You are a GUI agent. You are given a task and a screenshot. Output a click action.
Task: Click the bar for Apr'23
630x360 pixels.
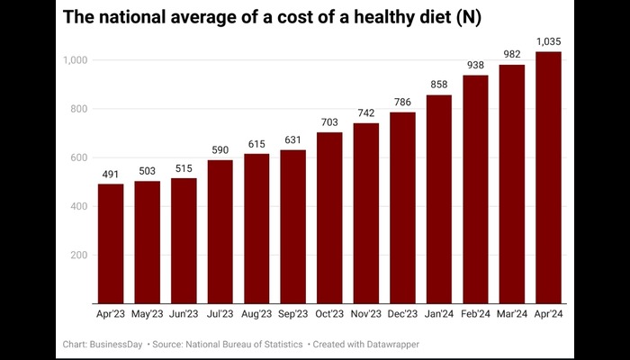[111, 244]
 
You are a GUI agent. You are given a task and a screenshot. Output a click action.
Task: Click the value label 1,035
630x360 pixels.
[548, 41]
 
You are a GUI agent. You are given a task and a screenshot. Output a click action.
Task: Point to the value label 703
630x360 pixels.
[329, 122]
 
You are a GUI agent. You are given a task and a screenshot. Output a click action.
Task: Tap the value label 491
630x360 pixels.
[111, 174]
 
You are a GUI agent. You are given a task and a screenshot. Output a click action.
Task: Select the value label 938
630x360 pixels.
[475, 65]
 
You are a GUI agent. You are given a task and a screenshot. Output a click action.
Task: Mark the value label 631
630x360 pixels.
[292, 139]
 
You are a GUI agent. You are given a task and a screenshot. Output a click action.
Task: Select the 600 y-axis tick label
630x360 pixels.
[77, 157]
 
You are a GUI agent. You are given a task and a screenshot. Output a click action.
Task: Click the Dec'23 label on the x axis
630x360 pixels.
[402, 314]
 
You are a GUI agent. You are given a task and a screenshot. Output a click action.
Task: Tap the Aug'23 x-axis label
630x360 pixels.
[256, 314]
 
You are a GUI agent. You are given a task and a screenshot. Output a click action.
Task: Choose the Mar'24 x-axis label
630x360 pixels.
[511, 314]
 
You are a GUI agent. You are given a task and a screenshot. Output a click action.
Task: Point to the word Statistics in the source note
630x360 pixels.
[275, 344]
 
